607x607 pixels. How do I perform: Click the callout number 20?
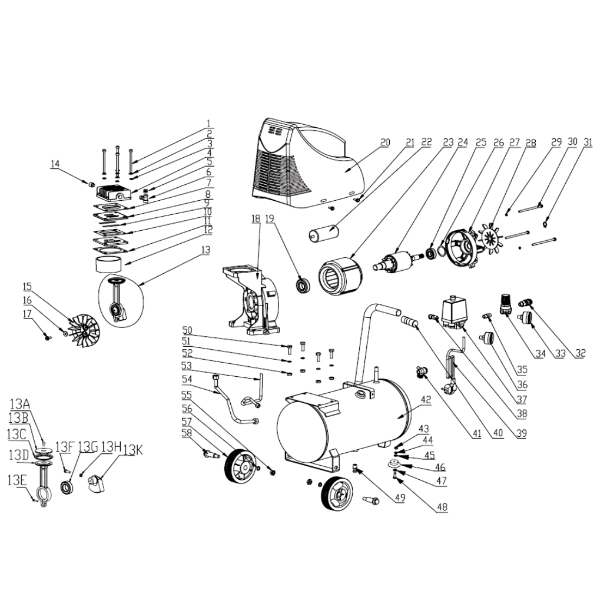point(385,143)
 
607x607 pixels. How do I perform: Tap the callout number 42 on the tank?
point(426,400)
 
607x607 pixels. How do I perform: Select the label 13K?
point(134,450)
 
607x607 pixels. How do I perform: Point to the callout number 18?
point(256,219)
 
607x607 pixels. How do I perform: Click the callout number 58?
point(187,433)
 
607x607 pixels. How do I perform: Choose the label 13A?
point(20,405)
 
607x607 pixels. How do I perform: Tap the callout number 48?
point(442,507)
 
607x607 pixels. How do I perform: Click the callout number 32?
point(580,353)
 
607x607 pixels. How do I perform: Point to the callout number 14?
point(55,164)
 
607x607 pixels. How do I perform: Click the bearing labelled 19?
point(302,284)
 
